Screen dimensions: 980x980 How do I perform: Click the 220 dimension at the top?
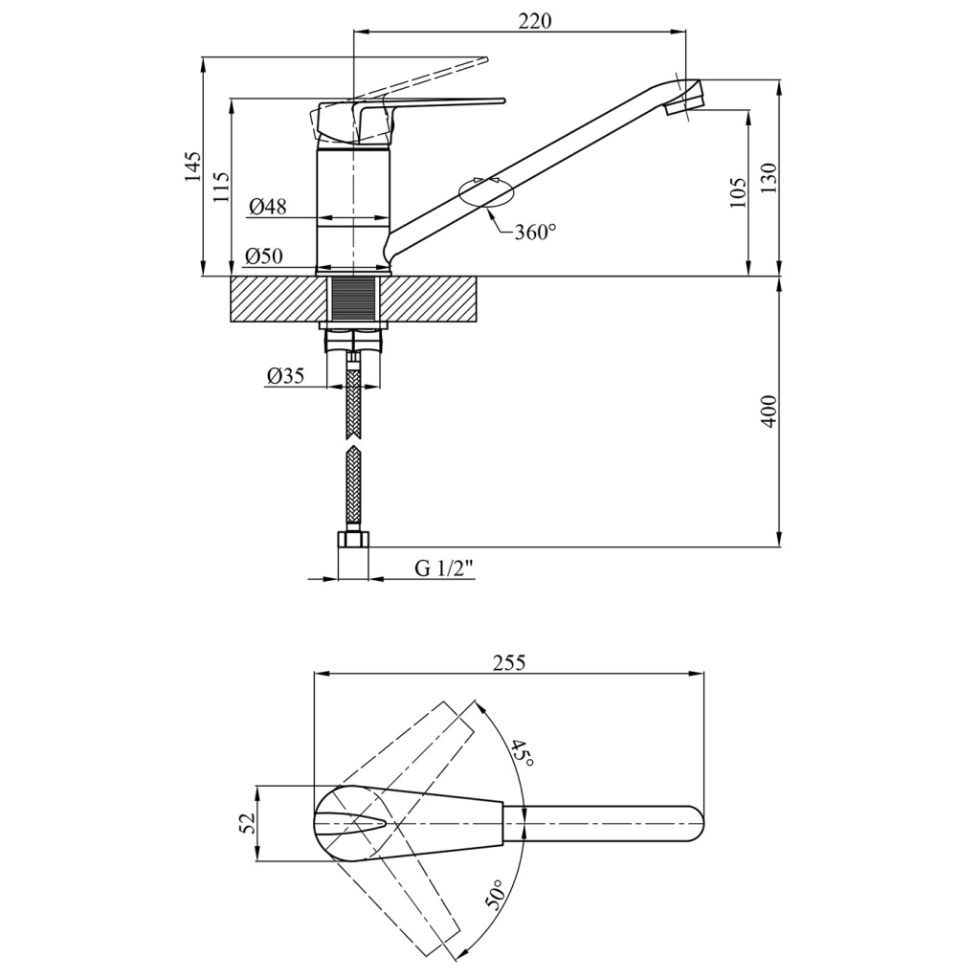tap(535, 20)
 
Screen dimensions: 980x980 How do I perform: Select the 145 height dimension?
tap(193, 167)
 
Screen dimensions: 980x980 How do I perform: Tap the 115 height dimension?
tap(221, 187)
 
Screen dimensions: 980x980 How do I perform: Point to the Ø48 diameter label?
tap(267, 207)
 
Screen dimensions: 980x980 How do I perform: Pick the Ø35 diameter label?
tap(284, 376)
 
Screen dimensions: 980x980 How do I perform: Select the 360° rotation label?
tap(535, 233)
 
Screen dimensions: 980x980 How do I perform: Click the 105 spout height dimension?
tap(737, 191)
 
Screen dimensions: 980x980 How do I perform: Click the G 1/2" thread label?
tap(444, 568)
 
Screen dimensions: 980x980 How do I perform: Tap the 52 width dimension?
tap(246, 823)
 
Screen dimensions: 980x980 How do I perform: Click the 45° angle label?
tap(522, 753)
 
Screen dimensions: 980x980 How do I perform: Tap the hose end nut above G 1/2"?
tap(354, 540)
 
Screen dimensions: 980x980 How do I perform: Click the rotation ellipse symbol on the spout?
tap(486, 192)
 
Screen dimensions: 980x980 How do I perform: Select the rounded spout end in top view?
tap(695, 823)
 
